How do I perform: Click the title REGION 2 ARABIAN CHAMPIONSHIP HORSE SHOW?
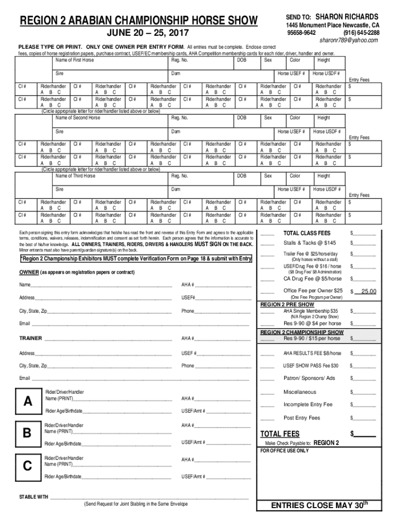138,21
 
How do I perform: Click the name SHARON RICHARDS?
347,17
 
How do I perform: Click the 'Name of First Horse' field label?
74,60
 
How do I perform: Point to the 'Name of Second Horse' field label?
77,118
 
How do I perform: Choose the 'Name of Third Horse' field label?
75,176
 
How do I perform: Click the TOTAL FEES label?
280,434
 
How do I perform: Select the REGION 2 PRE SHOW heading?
287,305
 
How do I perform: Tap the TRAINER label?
31,338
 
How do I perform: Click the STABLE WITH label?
34,497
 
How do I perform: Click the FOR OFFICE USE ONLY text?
285,451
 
